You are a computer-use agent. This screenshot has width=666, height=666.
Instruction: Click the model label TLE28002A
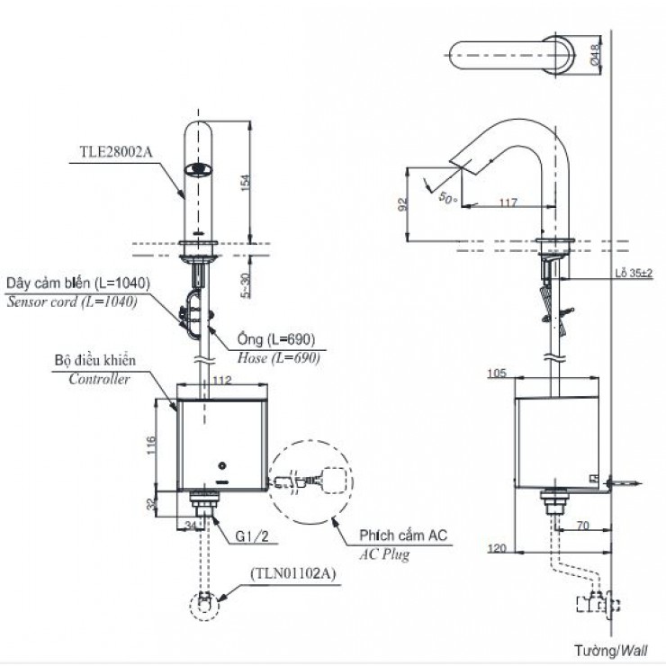pos(116,152)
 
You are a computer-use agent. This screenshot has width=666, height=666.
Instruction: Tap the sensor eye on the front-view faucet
pos(198,169)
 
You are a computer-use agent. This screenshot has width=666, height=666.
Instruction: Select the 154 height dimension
pos(246,182)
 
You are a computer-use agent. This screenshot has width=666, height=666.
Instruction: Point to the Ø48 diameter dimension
pos(596,55)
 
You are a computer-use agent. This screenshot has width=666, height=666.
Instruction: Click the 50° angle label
pos(448,197)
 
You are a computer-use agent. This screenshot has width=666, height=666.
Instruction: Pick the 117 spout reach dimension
pos(508,202)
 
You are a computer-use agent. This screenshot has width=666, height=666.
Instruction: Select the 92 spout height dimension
pos(403,204)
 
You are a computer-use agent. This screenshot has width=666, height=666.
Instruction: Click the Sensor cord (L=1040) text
pos(72,302)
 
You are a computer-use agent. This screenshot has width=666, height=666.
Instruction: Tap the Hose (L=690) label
pos(278,358)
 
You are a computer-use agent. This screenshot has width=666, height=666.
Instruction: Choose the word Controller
pos(99,379)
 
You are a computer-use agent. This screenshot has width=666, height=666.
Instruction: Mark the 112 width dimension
pos(222,380)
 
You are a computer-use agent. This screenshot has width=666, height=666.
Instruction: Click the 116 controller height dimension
pos(151,445)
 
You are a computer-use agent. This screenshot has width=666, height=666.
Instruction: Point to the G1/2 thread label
pos(252,536)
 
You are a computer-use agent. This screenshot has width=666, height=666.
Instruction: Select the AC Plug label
pos(385,554)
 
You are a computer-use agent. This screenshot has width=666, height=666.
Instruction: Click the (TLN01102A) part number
pos(293,574)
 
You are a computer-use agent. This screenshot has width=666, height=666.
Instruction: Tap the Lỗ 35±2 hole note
pos(634,273)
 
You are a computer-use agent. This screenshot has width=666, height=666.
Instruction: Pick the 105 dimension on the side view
pos(497,373)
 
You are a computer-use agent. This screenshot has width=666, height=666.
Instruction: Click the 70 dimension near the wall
pos(583,526)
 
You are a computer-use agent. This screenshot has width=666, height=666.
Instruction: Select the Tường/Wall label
pos(611,651)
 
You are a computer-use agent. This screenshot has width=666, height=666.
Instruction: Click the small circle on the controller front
pos(221,466)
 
